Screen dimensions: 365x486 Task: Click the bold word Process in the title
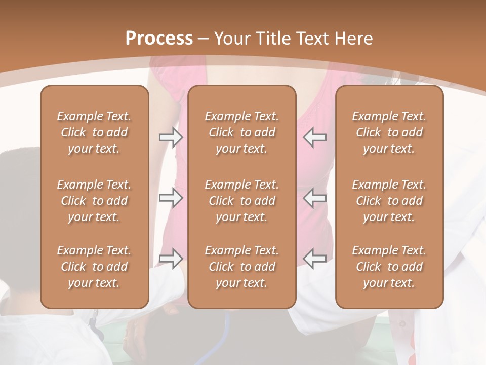(159, 39)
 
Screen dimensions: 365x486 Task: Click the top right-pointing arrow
(171, 137)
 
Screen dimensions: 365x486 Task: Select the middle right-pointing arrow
(171, 198)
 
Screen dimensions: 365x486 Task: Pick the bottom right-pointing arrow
(171, 258)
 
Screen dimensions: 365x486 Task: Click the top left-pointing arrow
(315, 137)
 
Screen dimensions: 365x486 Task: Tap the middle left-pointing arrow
(315, 198)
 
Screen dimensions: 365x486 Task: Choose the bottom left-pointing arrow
(315, 258)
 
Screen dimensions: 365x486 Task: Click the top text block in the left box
(94, 132)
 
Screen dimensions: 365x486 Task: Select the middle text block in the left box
(94, 201)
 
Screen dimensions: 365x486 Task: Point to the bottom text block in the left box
(94, 267)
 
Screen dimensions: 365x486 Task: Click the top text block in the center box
(241, 132)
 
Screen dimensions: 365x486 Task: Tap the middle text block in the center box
(241, 201)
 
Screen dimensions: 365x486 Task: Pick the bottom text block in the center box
(241, 267)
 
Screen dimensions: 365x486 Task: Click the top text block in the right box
(389, 132)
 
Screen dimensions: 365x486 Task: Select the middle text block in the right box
(389, 201)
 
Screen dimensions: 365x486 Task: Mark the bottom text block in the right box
(389, 267)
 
